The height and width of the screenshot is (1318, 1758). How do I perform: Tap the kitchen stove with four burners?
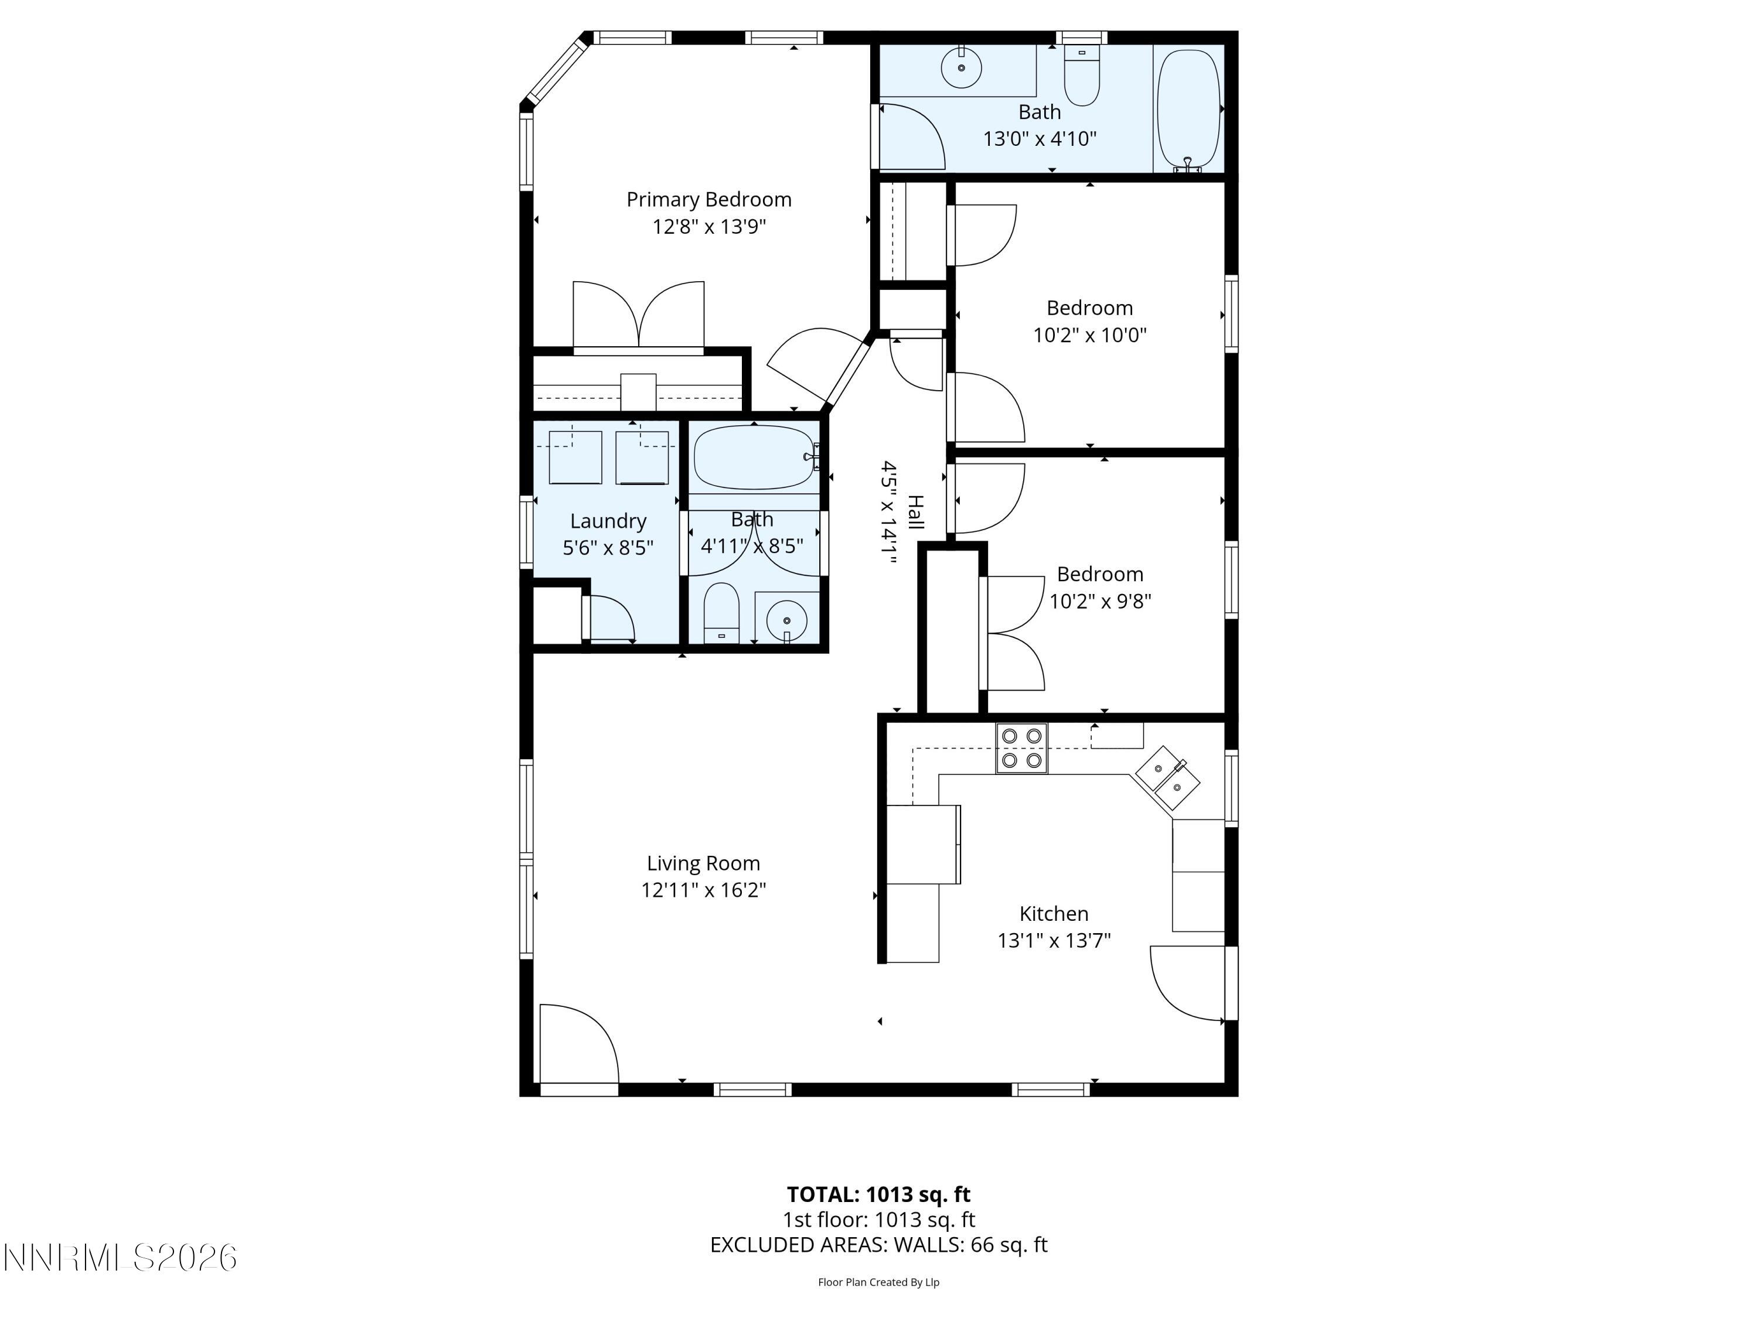(x=1021, y=747)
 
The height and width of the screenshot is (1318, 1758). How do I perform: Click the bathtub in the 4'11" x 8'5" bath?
(x=754, y=457)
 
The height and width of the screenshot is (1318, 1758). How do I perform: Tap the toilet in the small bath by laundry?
(x=721, y=613)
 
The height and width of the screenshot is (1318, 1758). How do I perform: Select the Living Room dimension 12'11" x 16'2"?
(x=703, y=890)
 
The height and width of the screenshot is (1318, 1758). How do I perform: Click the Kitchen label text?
(x=1053, y=914)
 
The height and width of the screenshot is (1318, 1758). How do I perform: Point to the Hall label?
(x=915, y=513)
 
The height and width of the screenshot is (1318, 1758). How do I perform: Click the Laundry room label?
(x=608, y=521)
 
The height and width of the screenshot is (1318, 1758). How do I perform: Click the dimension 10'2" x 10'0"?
(x=1089, y=335)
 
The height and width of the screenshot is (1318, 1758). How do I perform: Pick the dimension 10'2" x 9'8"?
(x=1100, y=602)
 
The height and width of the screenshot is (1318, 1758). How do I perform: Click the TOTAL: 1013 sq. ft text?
(x=878, y=1194)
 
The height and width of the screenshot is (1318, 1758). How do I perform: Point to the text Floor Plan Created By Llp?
(x=878, y=1282)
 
